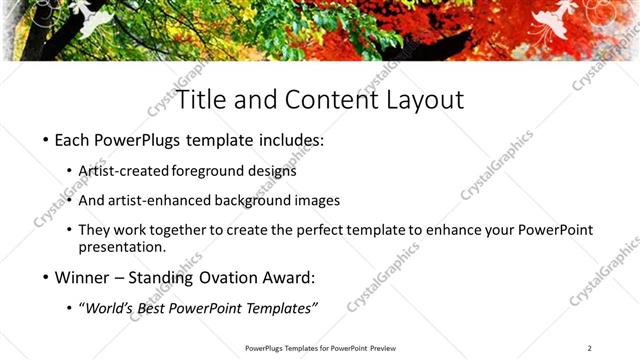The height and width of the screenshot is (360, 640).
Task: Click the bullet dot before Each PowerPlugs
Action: click(x=46, y=141)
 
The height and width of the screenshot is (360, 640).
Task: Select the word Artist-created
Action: click(x=124, y=171)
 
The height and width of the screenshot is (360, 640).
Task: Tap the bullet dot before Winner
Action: click(x=46, y=277)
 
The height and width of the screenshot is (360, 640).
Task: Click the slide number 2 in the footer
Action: click(x=590, y=348)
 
